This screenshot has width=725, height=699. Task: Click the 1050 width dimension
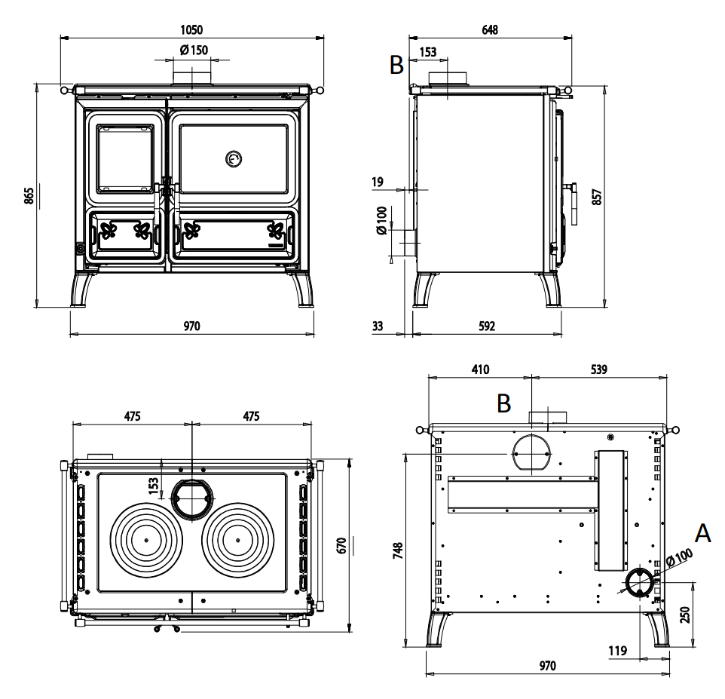(x=191, y=29)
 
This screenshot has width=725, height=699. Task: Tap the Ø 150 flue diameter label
(x=194, y=50)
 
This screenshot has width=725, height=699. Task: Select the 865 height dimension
(x=29, y=196)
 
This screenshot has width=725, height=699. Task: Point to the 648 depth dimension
(x=490, y=29)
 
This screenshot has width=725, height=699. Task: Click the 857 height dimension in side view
(x=597, y=197)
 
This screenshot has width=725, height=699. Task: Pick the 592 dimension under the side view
(x=487, y=327)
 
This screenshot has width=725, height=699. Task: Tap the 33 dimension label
(x=378, y=327)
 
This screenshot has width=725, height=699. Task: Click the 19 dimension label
(x=378, y=182)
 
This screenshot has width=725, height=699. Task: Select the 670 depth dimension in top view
(x=341, y=546)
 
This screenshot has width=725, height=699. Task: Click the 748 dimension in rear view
(x=398, y=550)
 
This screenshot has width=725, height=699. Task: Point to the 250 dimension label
(x=685, y=615)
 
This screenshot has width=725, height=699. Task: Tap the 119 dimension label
(x=618, y=651)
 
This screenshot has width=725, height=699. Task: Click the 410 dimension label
(x=480, y=369)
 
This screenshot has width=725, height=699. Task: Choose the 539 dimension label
(x=599, y=369)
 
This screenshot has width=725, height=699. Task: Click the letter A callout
(x=703, y=533)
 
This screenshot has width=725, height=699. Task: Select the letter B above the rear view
(x=503, y=403)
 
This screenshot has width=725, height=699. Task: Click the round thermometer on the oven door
(x=234, y=159)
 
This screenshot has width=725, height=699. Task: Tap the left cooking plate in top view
(x=146, y=540)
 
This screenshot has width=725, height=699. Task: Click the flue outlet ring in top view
(x=193, y=498)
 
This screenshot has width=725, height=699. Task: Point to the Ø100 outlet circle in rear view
(x=641, y=581)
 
